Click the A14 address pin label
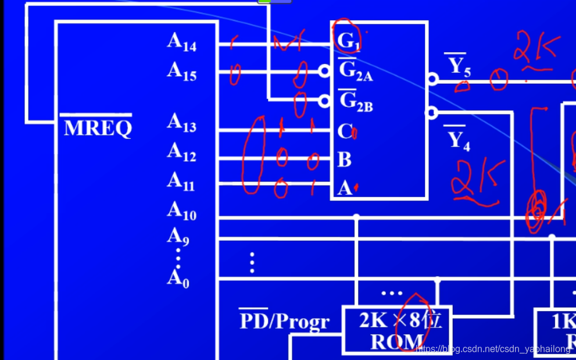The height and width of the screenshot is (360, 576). tap(182, 42)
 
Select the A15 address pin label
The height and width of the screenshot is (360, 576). tap(182, 72)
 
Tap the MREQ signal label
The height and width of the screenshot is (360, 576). tap(98, 127)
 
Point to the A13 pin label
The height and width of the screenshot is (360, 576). tap(182, 123)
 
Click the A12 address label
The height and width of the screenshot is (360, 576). tap(182, 152)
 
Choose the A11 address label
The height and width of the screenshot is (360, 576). tap(181, 181)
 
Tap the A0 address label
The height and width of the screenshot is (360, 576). tap(178, 279)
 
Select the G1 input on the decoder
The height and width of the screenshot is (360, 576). tap(349, 41)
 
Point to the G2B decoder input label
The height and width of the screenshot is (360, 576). tap(355, 101)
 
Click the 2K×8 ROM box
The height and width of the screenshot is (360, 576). tap(396, 330)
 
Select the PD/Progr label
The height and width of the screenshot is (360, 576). tap(284, 320)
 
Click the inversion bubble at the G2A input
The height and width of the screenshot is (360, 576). tap(325, 71)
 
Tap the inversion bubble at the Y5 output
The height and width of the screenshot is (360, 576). tap(432, 79)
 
